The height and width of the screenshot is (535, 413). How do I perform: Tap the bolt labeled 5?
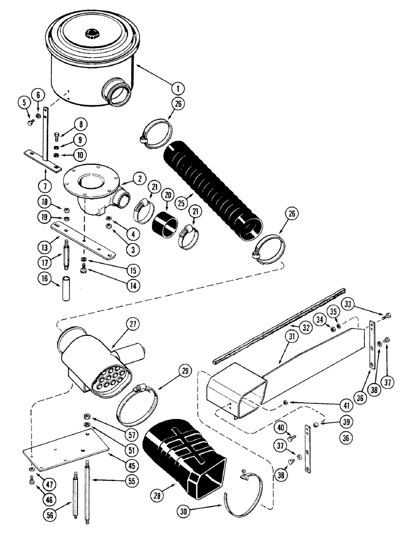coord(28,123)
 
